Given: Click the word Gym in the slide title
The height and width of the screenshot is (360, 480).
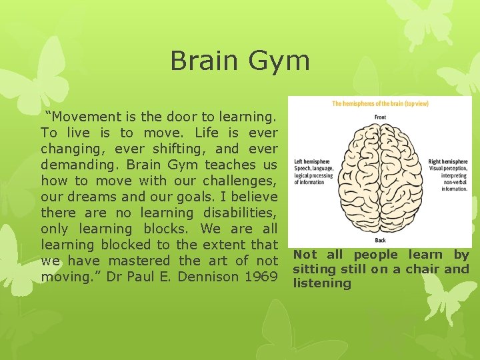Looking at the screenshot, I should tap(280, 61).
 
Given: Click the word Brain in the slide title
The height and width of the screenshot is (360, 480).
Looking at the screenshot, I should tap(207, 60).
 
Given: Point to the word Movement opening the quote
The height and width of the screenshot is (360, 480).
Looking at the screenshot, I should tap(93, 117).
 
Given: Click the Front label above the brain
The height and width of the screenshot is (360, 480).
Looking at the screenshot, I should tap(379, 117).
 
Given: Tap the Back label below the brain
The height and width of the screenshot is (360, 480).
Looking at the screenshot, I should tap(379, 240).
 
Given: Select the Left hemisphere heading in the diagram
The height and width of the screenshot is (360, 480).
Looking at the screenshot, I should tap(310, 161).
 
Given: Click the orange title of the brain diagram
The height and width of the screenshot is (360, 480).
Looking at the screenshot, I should tap(379, 103).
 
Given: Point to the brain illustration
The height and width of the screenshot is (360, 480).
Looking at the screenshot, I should tap(379, 178).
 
